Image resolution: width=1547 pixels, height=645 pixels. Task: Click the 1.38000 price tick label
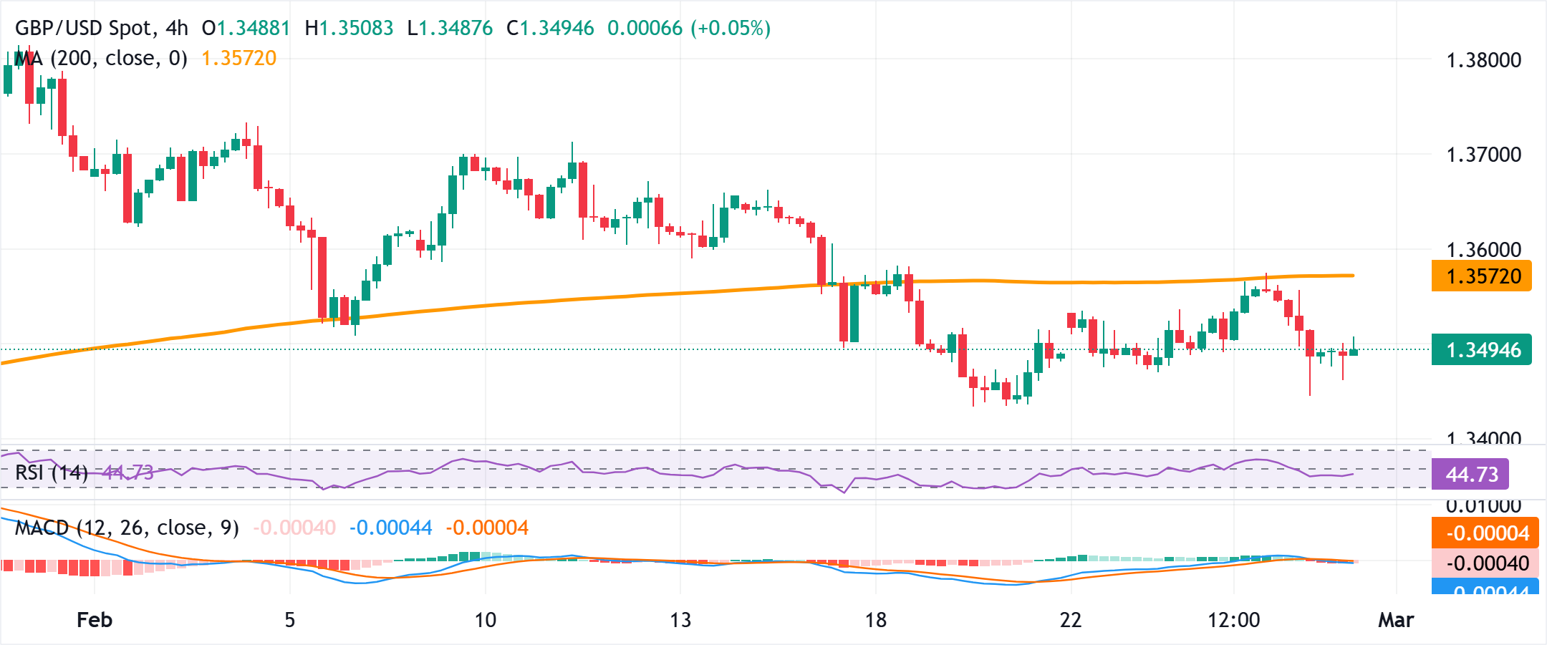1483,60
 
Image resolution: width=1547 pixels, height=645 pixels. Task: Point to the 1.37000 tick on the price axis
1483,155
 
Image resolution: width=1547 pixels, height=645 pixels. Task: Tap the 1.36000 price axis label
1483,250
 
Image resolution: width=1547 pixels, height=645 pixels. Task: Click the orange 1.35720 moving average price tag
1481,276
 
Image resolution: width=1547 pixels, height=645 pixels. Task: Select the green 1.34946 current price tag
1481,350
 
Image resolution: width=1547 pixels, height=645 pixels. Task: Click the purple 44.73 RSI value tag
1471,475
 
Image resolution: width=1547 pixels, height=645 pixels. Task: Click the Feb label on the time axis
95,620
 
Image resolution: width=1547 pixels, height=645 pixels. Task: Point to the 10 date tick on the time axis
486,620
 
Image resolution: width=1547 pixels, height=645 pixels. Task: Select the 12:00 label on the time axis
1233,620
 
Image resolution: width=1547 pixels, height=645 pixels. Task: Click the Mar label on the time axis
1396,620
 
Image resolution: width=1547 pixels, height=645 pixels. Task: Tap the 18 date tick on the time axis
875,620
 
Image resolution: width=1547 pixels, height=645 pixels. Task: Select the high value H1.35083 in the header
349,29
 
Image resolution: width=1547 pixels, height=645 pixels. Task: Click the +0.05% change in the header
730,29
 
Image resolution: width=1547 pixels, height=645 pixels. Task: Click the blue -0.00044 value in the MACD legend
390,528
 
